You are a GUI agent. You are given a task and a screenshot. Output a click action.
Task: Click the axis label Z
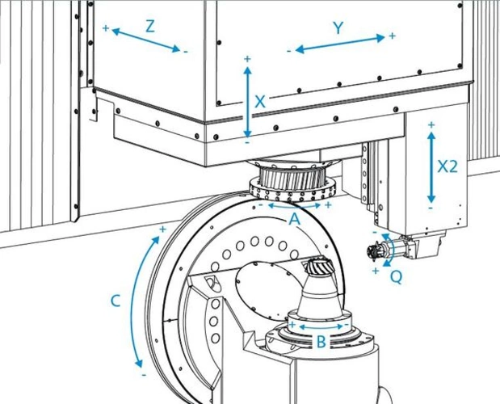pyautogui.click(x=149, y=25)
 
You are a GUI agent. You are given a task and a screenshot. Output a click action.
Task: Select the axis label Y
pyautogui.click(x=338, y=27)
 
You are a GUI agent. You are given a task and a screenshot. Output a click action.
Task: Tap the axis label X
pyautogui.click(x=260, y=102)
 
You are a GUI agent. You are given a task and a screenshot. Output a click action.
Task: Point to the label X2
pyautogui.click(x=447, y=166)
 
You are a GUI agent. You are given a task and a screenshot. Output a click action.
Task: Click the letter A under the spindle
pyautogui.click(x=294, y=218)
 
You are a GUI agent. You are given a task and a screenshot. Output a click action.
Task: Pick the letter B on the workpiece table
pyautogui.click(x=321, y=342)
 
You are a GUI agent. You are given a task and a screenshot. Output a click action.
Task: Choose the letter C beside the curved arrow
pyautogui.click(x=116, y=301)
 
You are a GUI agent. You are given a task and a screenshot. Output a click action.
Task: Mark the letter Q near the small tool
pyautogui.click(x=396, y=276)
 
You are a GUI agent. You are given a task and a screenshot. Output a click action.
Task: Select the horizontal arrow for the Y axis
pyautogui.click(x=339, y=44)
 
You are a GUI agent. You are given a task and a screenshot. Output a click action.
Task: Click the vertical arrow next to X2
pyautogui.click(x=431, y=166)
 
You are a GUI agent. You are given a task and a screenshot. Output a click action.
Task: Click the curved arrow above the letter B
pyautogui.click(x=321, y=326)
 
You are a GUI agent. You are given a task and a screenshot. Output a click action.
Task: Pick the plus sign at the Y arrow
pyautogui.click(x=393, y=36)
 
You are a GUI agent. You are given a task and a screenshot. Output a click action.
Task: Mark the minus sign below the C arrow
pyautogui.click(x=143, y=374)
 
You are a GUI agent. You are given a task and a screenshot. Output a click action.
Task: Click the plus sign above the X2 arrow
pyautogui.click(x=431, y=124)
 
